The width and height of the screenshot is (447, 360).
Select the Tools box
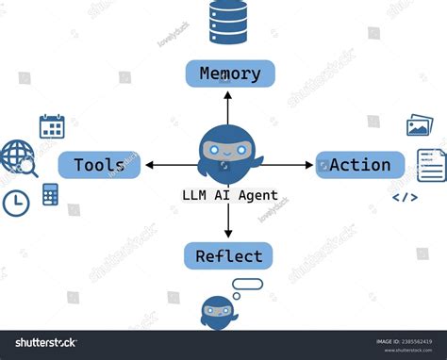[99, 165]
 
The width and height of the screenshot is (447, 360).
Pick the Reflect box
[227, 255]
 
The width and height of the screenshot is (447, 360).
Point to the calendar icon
[52, 126]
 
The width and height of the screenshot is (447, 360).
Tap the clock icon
[16, 203]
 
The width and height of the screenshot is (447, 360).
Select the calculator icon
[50, 194]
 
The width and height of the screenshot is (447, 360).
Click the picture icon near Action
[420, 126]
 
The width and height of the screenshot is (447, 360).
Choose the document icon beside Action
[431, 165]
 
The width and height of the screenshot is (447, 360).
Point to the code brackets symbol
[405, 198]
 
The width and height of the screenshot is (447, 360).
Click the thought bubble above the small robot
[247, 284]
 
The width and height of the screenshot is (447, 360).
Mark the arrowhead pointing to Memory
[227, 93]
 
